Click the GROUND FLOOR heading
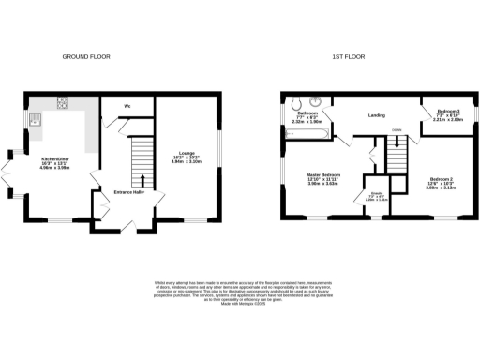(86, 57)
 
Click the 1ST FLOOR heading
(348, 57)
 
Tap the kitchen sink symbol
(35, 119)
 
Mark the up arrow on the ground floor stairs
(142, 178)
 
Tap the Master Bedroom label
(323, 175)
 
